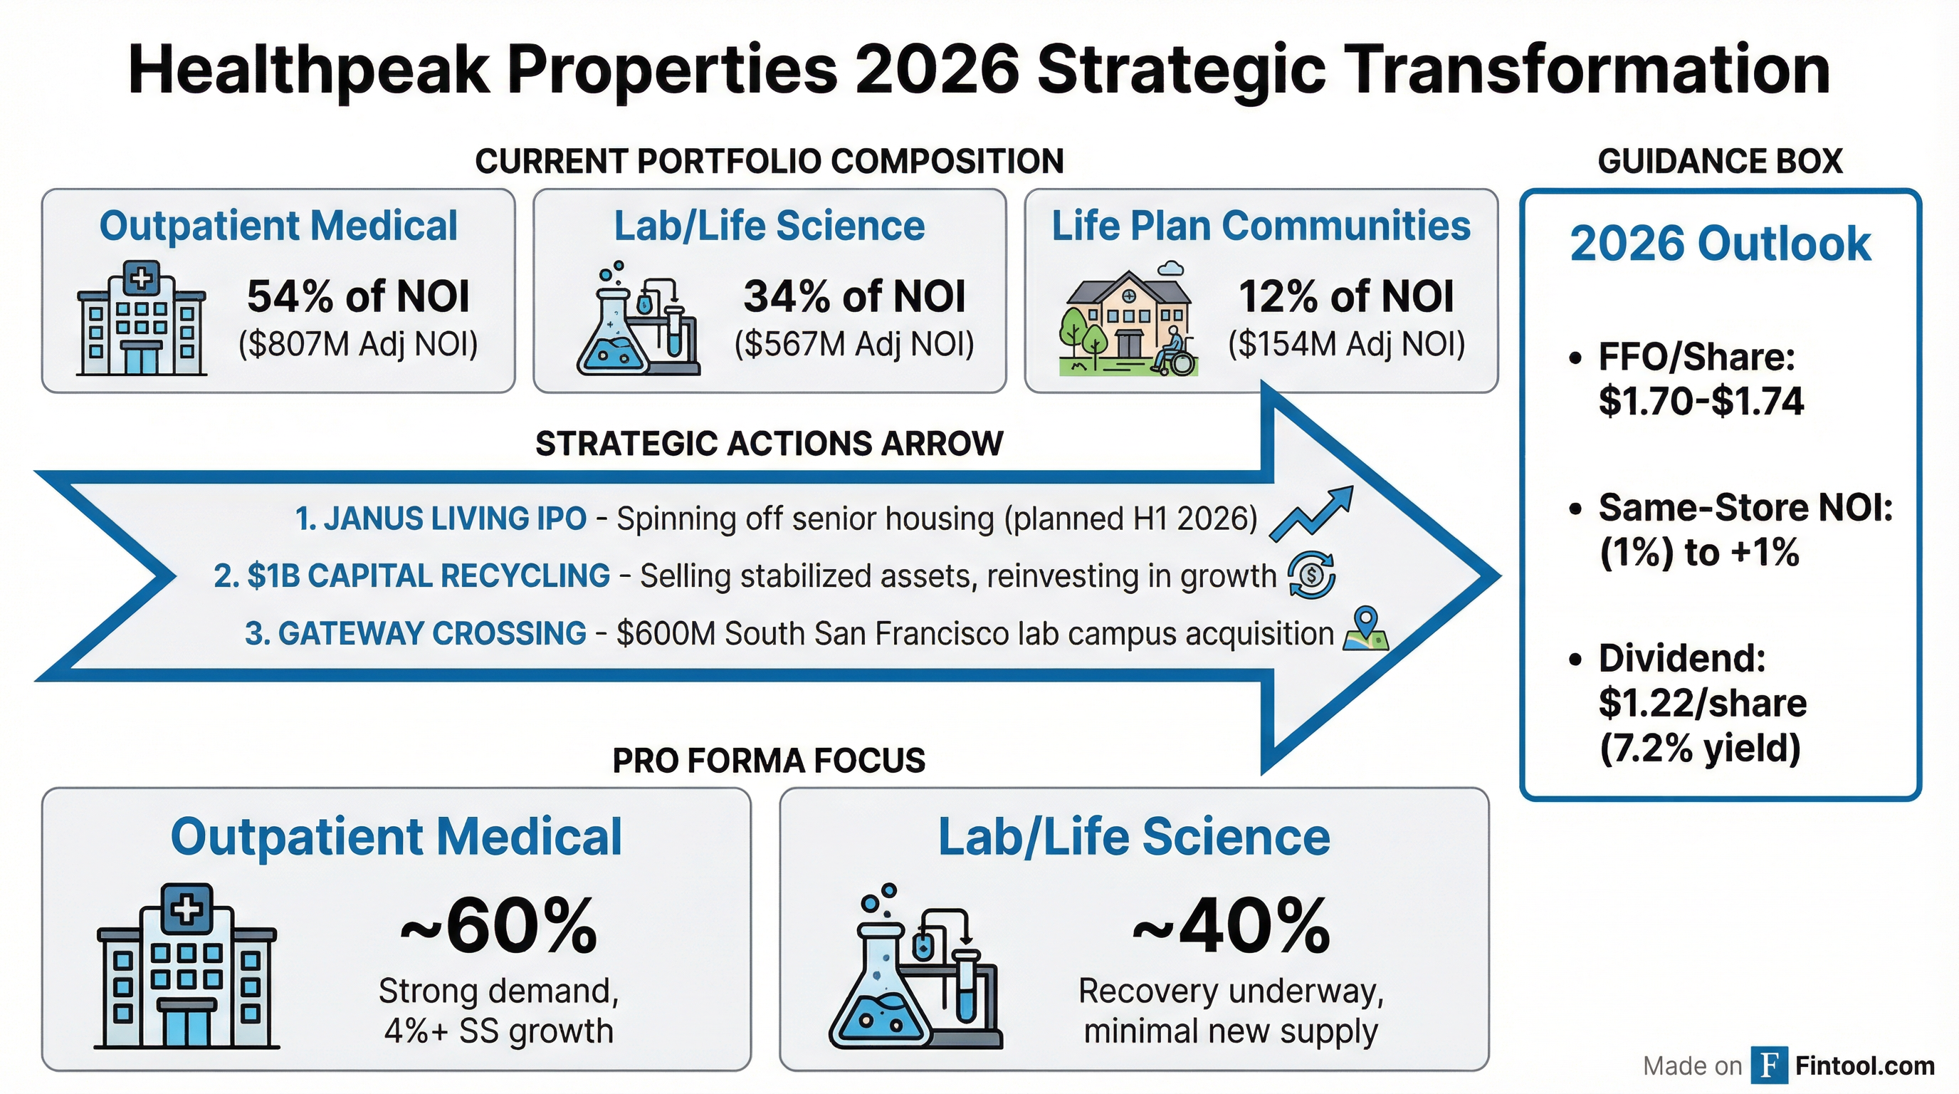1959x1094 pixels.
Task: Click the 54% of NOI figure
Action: pyautogui.click(x=357, y=297)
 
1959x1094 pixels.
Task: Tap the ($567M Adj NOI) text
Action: pyautogui.click(x=854, y=344)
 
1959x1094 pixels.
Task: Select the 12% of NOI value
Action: pyautogui.click(x=1346, y=297)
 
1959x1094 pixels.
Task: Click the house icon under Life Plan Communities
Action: pyautogui.click(x=1128, y=321)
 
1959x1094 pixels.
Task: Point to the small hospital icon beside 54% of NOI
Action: pyautogui.click(x=142, y=319)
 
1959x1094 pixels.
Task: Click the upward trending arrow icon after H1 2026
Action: pyautogui.click(x=1312, y=514)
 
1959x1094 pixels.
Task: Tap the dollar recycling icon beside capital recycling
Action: pyautogui.click(x=1311, y=575)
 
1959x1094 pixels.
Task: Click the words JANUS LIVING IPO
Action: pyautogui.click(x=441, y=519)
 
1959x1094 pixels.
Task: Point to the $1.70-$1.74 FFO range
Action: pyautogui.click(x=1701, y=401)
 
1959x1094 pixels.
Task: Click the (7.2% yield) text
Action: pyautogui.click(x=1701, y=749)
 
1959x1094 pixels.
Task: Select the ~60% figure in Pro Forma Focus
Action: pyautogui.click(x=499, y=927)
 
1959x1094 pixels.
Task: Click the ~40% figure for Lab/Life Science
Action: pyautogui.click(x=1231, y=927)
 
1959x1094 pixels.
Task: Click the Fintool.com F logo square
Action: pyautogui.click(x=1769, y=1065)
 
